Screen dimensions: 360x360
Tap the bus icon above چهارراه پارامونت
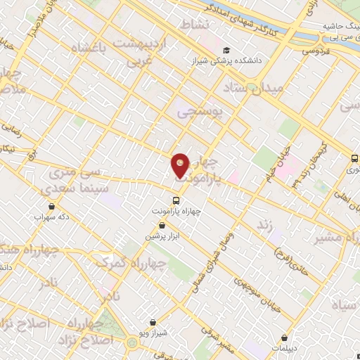176,199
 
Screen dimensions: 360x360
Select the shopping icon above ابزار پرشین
162,226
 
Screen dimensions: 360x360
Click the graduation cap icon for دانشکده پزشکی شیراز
226,51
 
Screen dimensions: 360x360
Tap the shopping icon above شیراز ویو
154,321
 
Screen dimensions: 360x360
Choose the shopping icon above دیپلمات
284,337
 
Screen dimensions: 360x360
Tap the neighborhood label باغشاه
89,49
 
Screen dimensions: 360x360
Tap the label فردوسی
316,51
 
